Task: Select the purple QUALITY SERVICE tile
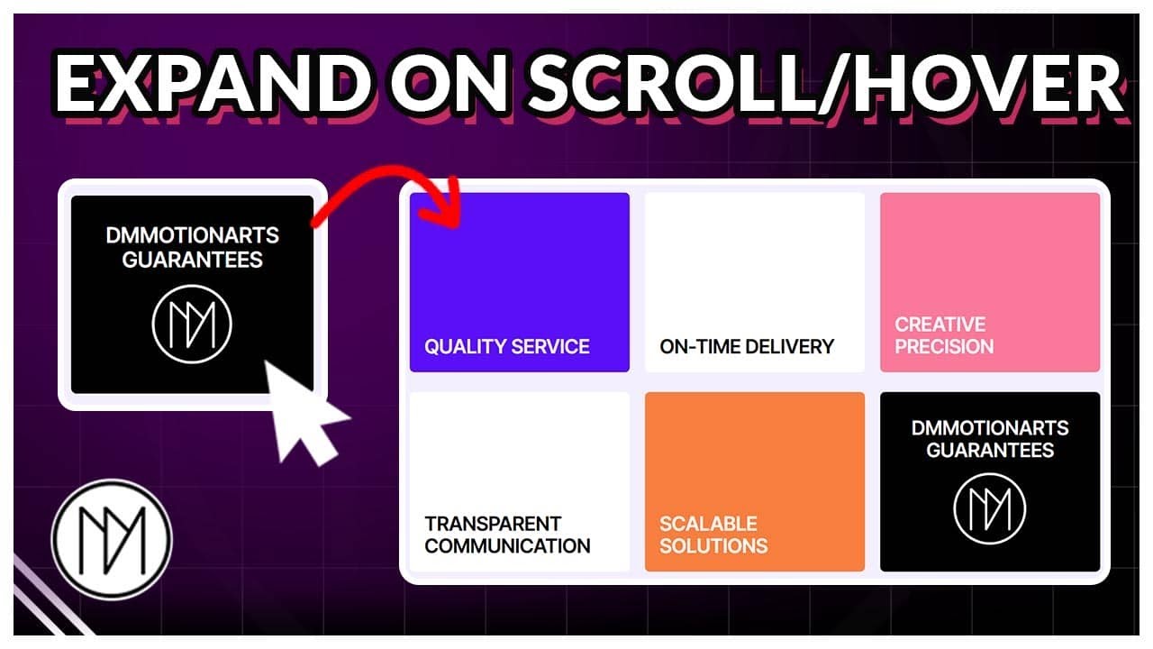(x=519, y=281)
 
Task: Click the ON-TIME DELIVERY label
(x=747, y=346)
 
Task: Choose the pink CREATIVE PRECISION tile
(x=989, y=281)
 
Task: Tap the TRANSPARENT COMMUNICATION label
(x=507, y=535)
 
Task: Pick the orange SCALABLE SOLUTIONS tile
(x=754, y=481)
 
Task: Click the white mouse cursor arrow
(x=301, y=410)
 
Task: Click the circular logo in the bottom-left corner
(x=111, y=540)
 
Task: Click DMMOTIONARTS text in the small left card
(x=193, y=236)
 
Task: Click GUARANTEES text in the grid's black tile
(x=989, y=450)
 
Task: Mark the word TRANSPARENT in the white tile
(x=493, y=524)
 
